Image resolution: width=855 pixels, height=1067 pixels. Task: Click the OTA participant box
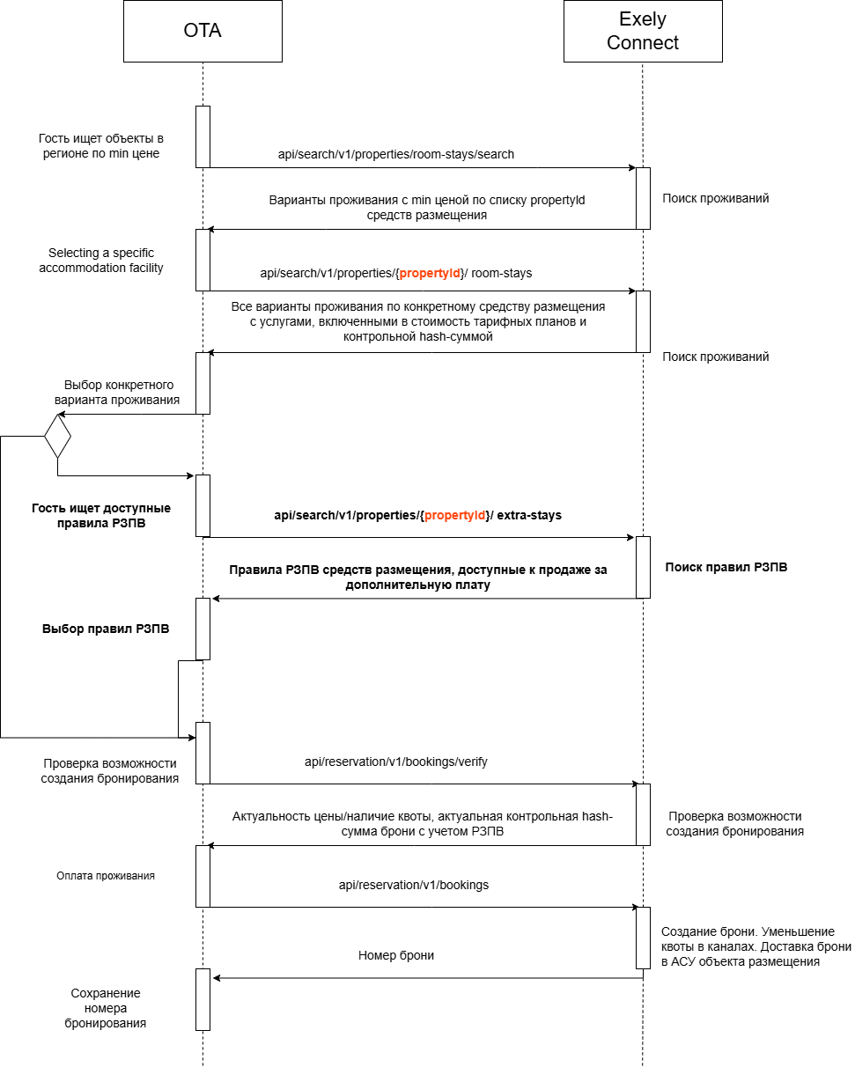click(x=203, y=31)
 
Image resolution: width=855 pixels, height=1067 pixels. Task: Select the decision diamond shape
click(x=57, y=436)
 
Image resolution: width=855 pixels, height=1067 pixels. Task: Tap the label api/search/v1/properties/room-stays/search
click(x=395, y=154)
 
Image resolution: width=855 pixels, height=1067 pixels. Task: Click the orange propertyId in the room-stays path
click(x=430, y=273)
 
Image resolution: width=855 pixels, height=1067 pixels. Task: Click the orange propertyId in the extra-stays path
click(x=454, y=515)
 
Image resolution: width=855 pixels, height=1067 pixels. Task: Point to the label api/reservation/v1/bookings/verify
click(x=395, y=762)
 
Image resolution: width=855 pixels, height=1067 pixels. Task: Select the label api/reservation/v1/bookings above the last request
click(x=413, y=885)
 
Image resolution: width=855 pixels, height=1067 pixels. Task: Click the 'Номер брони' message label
click(x=395, y=955)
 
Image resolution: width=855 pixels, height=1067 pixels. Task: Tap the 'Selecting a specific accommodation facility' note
click(x=101, y=261)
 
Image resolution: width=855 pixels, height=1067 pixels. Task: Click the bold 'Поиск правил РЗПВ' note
click(x=726, y=567)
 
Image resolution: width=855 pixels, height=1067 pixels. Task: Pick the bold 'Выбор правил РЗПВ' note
click(x=106, y=629)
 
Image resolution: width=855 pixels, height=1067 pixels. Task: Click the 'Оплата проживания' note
click(x=106, y=876)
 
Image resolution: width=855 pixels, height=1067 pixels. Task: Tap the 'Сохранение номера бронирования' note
click(x=106, y=1008)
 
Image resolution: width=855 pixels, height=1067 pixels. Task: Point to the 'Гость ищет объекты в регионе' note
click(x=101, y=146)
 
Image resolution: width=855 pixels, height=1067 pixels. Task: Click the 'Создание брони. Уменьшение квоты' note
click(x=755, y=946)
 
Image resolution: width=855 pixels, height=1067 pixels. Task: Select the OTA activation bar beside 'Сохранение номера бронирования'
click(x=203, y=999)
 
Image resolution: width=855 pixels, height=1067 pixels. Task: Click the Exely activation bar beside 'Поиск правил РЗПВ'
click(x=643, y=567)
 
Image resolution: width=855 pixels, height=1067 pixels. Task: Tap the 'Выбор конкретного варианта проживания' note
click(x=117, y=392)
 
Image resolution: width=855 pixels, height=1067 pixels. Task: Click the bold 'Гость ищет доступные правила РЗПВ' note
click(x=101, y=515)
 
